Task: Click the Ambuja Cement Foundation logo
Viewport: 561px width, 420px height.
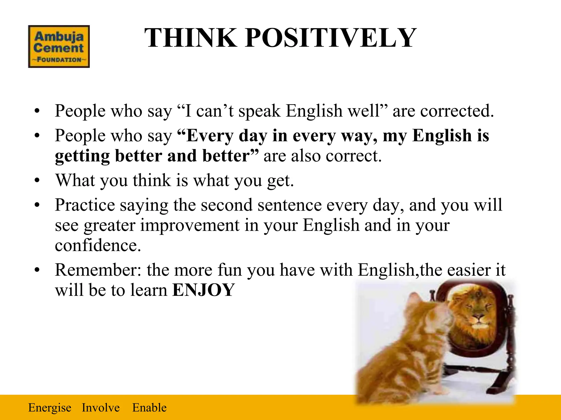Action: (x=59, y=46)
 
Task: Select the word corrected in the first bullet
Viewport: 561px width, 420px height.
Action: (x=457, y=111)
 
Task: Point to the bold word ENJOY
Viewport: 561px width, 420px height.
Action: (x=204, y=290)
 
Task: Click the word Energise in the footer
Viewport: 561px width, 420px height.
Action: (x=50, y=408)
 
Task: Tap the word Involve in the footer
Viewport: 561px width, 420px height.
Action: (x=101, y=408)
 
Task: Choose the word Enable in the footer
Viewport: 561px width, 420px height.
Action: (x=149, y=408)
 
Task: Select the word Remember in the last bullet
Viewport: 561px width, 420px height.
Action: (x=98, y=270)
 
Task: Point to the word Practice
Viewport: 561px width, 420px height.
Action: (x=85, y=205)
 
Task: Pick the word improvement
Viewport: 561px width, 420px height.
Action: (x=190, y=225)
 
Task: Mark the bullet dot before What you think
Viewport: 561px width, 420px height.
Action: (x=37, y=181)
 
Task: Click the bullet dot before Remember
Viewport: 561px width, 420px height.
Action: (x=37, y=270)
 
